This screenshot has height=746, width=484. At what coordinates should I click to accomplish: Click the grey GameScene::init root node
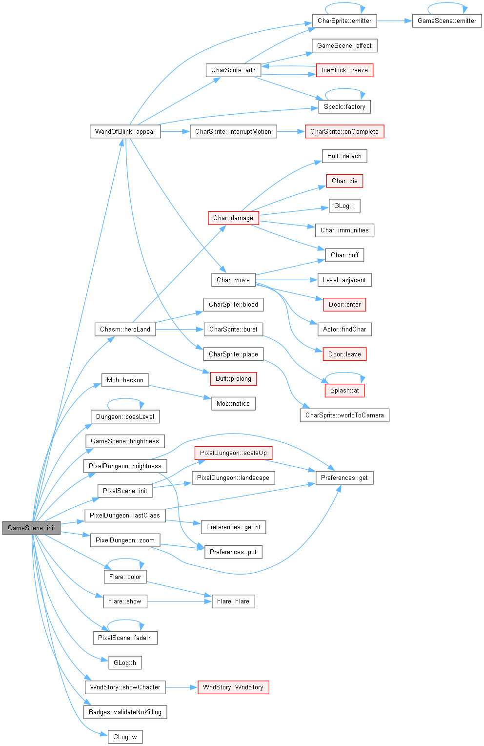pos(31,528)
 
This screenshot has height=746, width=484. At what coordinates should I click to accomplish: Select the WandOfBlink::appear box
pos(125,131)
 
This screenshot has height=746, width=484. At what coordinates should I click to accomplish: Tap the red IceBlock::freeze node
pos(344,70)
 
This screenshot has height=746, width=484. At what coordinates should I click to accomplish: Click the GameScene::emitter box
pos(447,21)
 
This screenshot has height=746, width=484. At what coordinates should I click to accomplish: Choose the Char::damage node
pos(233,218)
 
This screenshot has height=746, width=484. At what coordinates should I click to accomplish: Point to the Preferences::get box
pos(344,478)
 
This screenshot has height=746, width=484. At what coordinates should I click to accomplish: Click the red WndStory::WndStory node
pos(233,687)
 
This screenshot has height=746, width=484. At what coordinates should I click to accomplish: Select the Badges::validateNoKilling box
pos(125,712)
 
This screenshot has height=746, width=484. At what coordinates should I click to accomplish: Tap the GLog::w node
pos(125,737)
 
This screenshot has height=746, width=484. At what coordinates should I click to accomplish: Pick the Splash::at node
pos(344,390)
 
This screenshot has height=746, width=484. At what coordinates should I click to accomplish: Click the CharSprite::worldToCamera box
pos(344,415)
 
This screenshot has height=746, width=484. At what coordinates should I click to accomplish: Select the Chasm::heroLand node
pos(125,330)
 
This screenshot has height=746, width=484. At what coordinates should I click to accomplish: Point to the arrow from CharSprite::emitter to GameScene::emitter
pos(394,21)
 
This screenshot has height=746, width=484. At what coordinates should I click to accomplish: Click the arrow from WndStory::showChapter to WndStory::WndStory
pos(181,687)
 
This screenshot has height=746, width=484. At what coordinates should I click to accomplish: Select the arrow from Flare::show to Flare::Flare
pos(180,601)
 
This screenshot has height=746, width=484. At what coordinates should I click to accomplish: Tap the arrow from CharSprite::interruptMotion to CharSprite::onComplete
pos(291,131)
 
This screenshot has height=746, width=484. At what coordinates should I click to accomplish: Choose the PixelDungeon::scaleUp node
pos(233,453)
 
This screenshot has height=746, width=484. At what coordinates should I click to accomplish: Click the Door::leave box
pos(344,354)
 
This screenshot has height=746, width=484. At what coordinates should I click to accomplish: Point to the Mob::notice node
pos(233,404)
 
